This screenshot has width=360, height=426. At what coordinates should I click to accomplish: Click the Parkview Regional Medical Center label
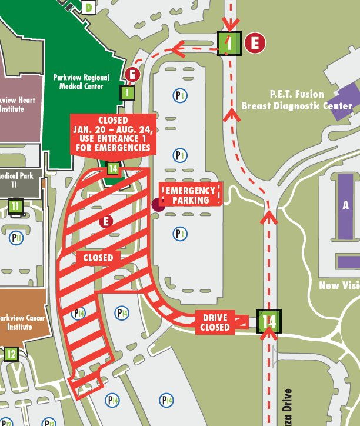[81, 82]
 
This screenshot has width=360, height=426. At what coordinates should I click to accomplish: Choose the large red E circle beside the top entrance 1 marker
[255, 43]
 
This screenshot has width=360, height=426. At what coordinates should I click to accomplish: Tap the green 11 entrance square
[15, 207]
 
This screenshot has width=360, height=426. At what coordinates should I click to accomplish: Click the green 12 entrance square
[11, 354]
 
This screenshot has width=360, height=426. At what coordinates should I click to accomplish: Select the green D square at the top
[88, 8]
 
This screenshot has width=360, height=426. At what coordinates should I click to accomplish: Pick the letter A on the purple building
[346, 205]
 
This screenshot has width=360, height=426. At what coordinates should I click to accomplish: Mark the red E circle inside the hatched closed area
[106, 221]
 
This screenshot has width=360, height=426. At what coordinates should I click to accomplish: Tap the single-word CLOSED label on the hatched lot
[98, 258]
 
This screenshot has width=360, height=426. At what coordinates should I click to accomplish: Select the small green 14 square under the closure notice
[114, 169]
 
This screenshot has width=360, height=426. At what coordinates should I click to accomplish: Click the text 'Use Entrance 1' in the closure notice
[113, 139]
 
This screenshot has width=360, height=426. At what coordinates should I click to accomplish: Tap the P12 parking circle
[50, 423]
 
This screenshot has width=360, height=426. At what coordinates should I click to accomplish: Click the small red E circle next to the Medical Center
[132, 75]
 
